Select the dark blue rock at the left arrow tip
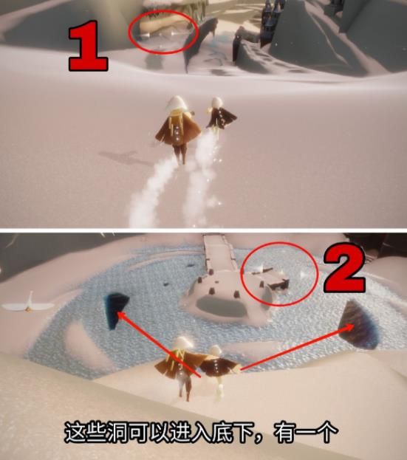(x=116, y=311)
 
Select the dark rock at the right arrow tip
(x=360, y=325)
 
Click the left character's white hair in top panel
(x=177, y=104)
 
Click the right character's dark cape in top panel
(x=222, y=118)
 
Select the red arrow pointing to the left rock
(x=160, y=345)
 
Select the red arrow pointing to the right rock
(x=297, y=347)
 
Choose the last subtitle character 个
(x=327, y=432)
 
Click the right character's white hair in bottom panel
(x=215, y=351)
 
